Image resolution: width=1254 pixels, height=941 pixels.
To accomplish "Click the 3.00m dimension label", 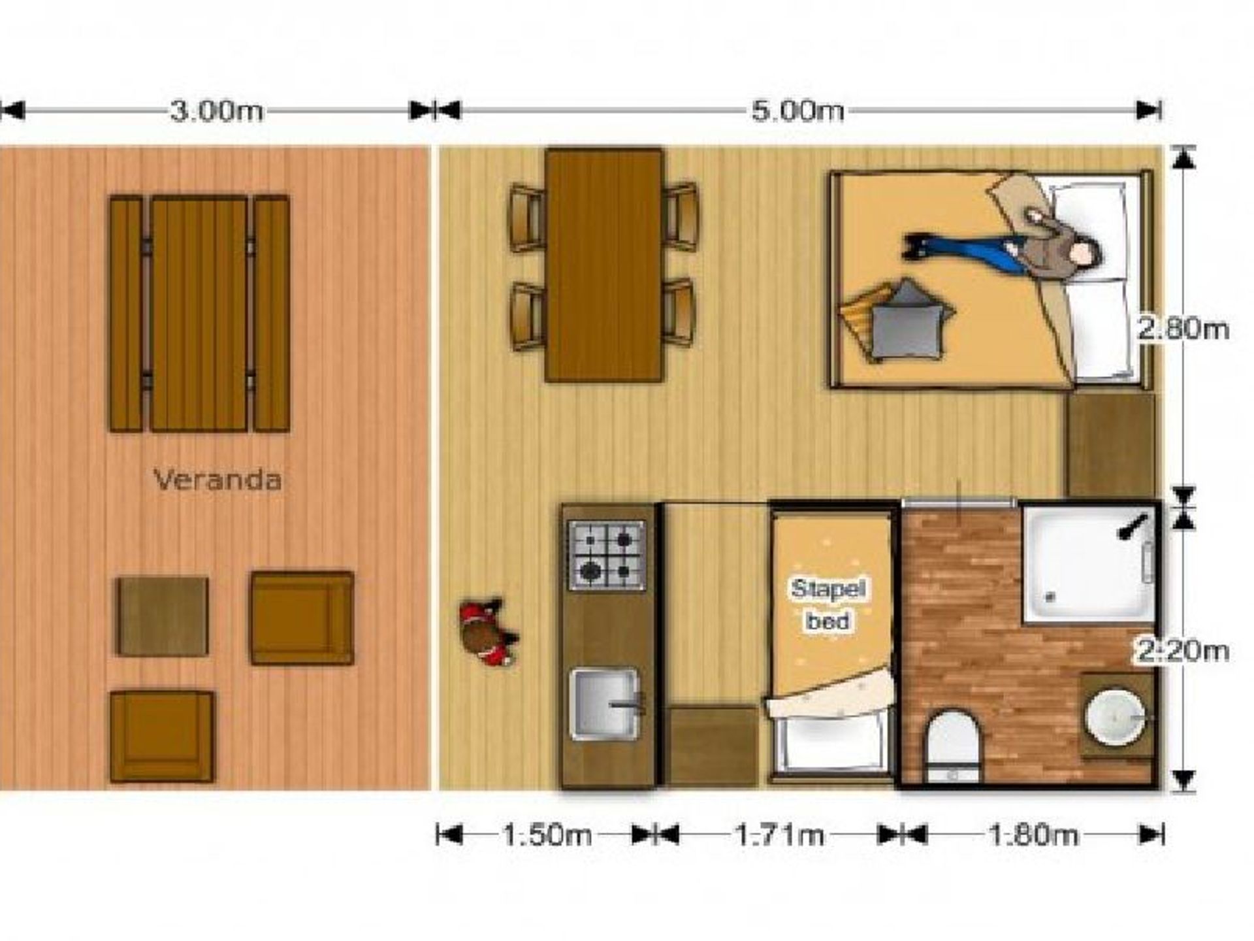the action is coord(216,111).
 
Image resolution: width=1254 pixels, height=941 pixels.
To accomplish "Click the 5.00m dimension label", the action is coord(797,111).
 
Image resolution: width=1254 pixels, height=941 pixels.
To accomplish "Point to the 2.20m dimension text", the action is coord(1183,651).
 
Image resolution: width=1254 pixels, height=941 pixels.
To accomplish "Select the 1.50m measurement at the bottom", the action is coord(547,834).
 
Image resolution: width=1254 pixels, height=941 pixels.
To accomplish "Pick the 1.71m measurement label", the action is coord(779,834).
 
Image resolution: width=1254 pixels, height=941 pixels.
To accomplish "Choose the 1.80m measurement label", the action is coord(1033,834).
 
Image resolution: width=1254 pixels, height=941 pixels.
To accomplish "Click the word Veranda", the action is coord(217,480).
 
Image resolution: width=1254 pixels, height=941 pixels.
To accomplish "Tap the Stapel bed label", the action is coord(828,604).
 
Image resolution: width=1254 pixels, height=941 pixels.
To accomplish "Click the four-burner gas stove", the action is coord(607,555).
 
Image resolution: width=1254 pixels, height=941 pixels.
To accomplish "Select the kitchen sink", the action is coord(605,704).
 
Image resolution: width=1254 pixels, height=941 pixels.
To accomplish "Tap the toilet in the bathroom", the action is coord(954,746).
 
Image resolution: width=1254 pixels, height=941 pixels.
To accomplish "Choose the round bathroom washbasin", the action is coord(1115,717).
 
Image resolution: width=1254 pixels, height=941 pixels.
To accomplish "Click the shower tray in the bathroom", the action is coord(1089,565).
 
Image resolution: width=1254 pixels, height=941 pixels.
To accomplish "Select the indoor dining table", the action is coord(604,265).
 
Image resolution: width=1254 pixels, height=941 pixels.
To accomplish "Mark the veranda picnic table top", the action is coord(199,314).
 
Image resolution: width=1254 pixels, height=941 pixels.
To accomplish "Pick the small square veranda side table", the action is coord(163,616).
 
